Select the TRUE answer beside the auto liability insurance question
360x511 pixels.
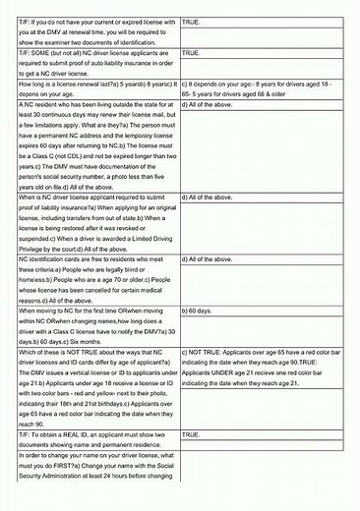pos(192,52)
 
